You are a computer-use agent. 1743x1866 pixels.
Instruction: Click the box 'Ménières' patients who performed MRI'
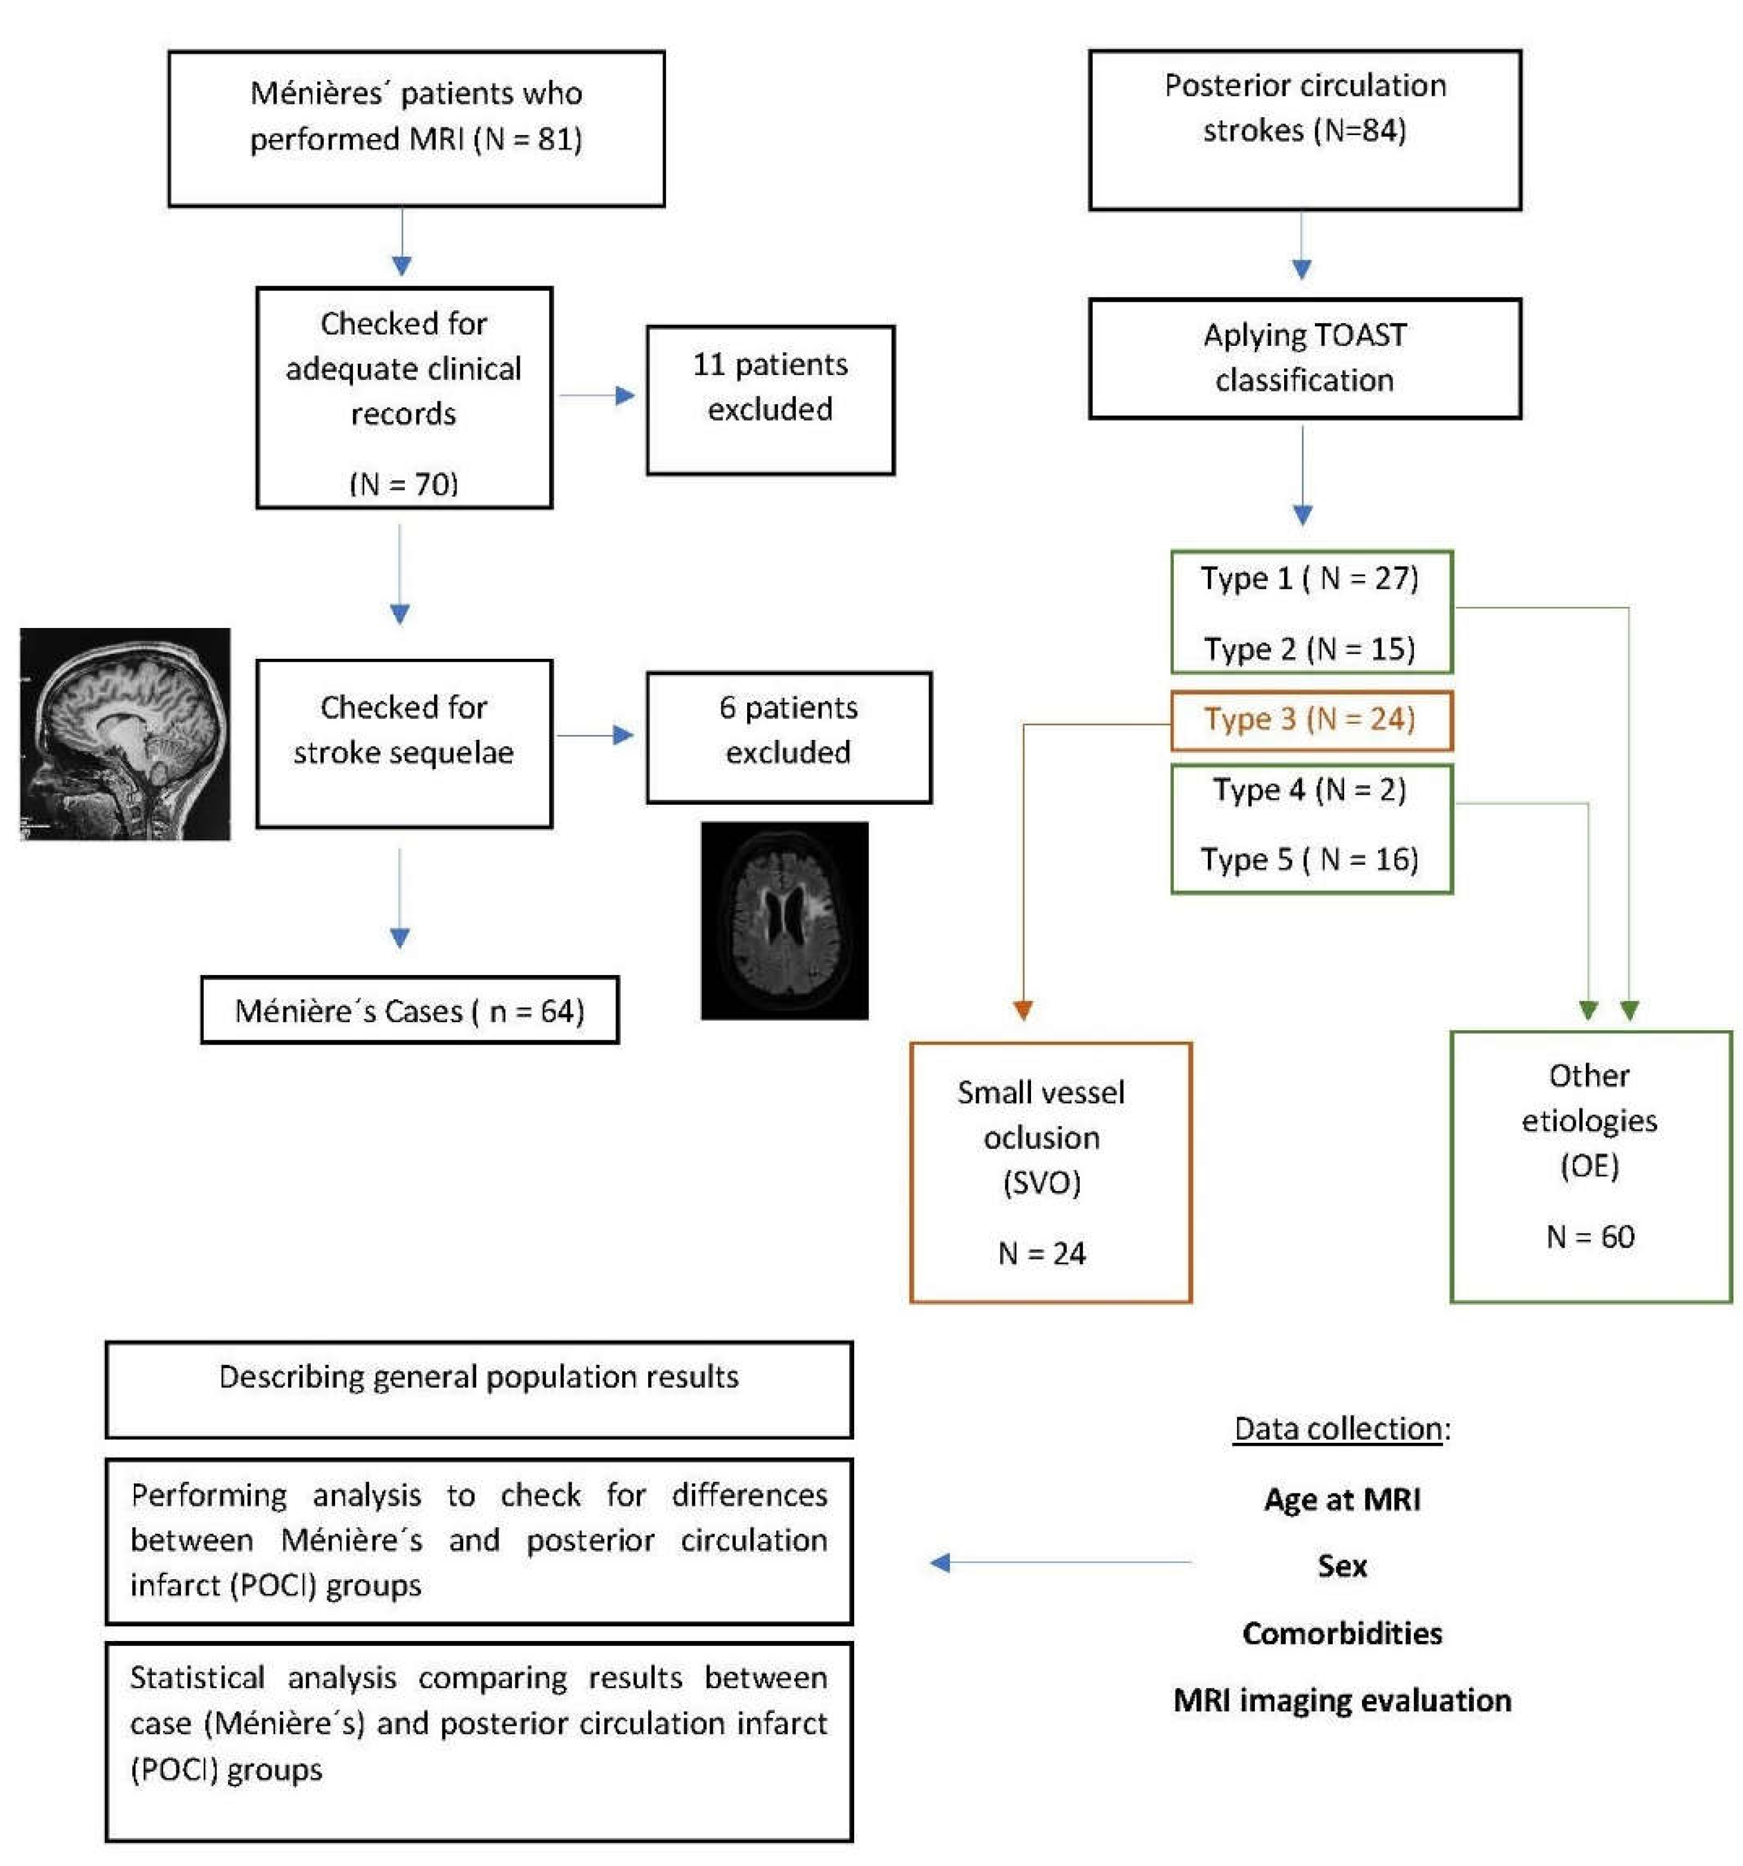416,129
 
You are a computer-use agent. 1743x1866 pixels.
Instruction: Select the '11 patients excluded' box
770,400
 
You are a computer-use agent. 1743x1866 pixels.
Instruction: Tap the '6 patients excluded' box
788,737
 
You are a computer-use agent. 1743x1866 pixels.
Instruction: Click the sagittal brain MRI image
125,733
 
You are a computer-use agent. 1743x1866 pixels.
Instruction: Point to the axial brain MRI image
784,920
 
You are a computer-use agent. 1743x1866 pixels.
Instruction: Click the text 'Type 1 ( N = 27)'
1310,578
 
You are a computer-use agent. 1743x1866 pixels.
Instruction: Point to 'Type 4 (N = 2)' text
1310,789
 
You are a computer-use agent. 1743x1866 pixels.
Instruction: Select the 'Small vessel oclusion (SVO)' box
1049,1171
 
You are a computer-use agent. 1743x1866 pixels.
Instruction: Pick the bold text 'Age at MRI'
1341,1499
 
